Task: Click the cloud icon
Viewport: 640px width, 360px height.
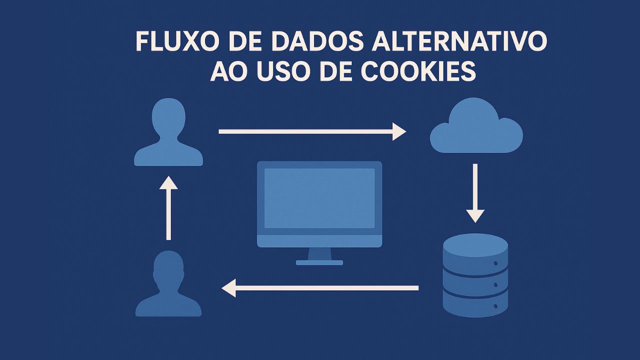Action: coord(476,125)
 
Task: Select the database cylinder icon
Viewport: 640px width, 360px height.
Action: coord(475,275)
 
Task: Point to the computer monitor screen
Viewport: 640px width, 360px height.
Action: coord(319,198)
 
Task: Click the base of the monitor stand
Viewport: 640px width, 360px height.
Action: coord(319,262)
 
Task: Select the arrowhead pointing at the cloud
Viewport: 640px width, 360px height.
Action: coord(399,131)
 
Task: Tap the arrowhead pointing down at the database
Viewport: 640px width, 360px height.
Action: coord(475,216)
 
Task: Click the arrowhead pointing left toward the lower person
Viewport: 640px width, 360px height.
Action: coord(228,288)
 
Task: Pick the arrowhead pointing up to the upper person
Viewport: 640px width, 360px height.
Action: coord(168,182)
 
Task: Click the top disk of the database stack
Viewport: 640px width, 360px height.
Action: coord(475,245)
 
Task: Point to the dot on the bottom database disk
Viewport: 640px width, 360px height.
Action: coord(495,306)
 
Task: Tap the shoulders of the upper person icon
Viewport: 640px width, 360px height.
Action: coord(168,154)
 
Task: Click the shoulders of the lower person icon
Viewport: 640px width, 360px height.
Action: coord(168,305)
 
